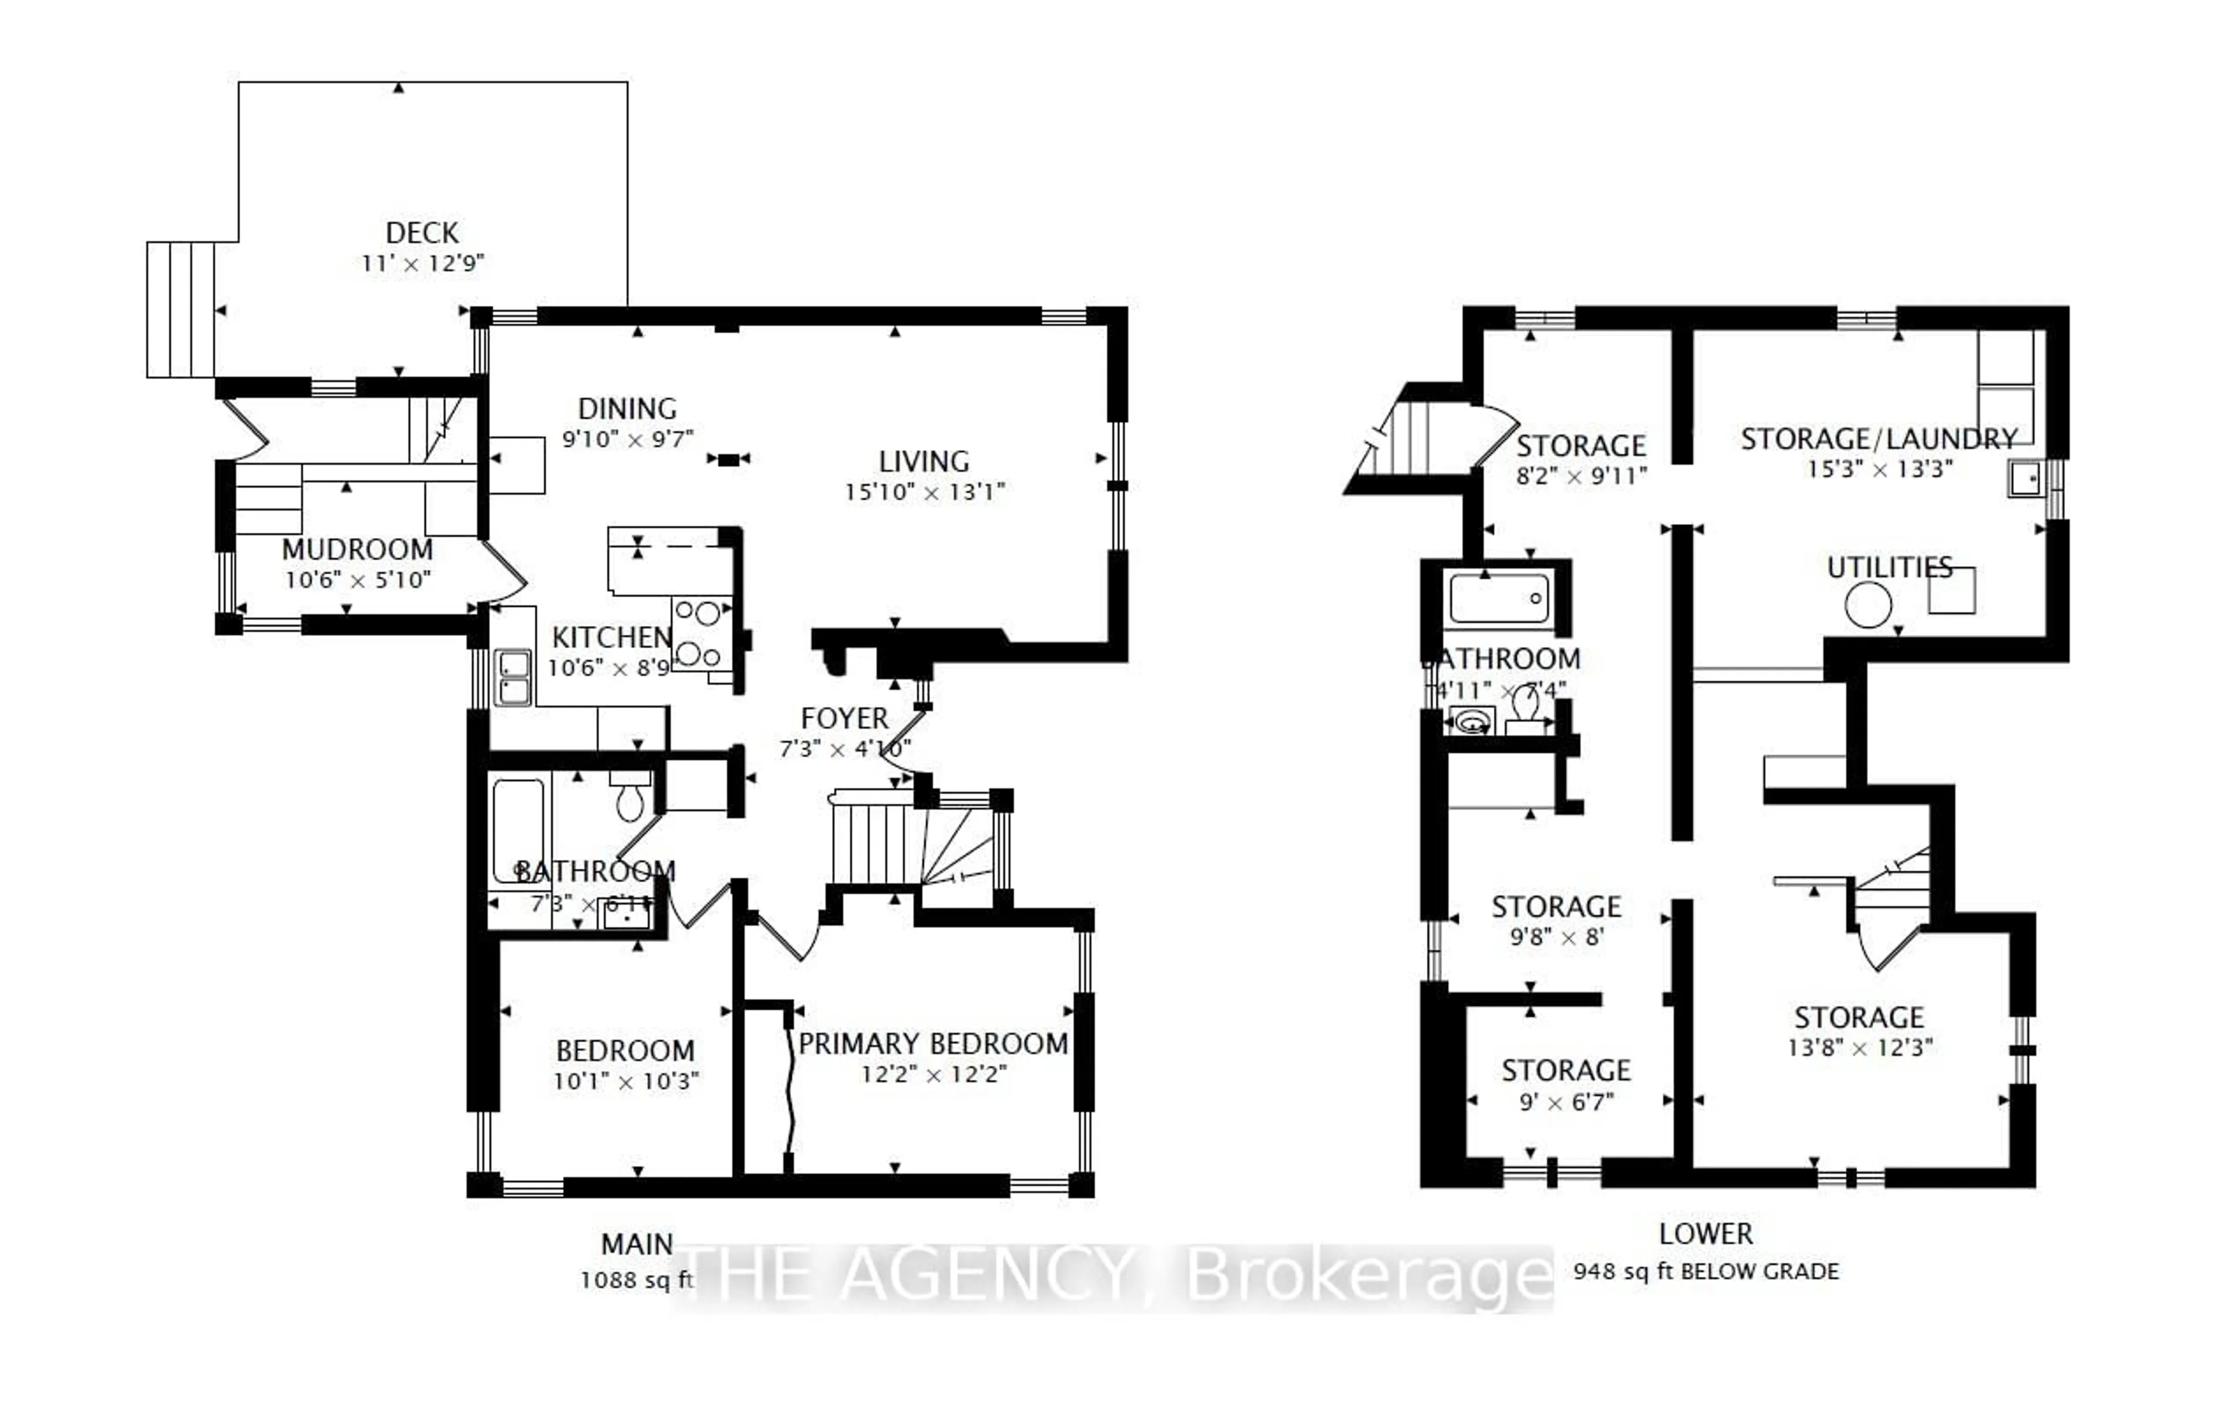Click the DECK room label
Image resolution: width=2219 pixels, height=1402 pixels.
pyautogui.click(x=422, y=233)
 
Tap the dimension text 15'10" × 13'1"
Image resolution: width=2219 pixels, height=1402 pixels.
pyautogui.click(x=924, y=493)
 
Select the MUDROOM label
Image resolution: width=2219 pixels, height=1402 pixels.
pyautogui.click(x=358, y=550)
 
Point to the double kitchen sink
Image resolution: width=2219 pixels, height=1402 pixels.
pyautogui.click(x=513, y=678)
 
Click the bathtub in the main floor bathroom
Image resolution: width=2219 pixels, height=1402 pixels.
pyautogui.click(x=518, y=833)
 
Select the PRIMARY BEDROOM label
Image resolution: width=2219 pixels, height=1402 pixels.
pyautogui.click(x=933, y=1044)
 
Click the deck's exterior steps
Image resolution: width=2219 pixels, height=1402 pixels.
pyautogui.click(x=181, y=310)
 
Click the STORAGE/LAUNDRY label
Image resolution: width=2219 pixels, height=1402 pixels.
pyautogui.click(x=1879, y=440)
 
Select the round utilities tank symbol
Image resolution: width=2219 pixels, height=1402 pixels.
pyautogui.click(x=1868, y=606)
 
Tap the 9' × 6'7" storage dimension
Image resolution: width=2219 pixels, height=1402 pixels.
pyautogui.click(x=1565, y=1102)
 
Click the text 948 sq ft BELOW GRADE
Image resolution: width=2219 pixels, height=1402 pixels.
pyautogui.click(x=1706, y=1272)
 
